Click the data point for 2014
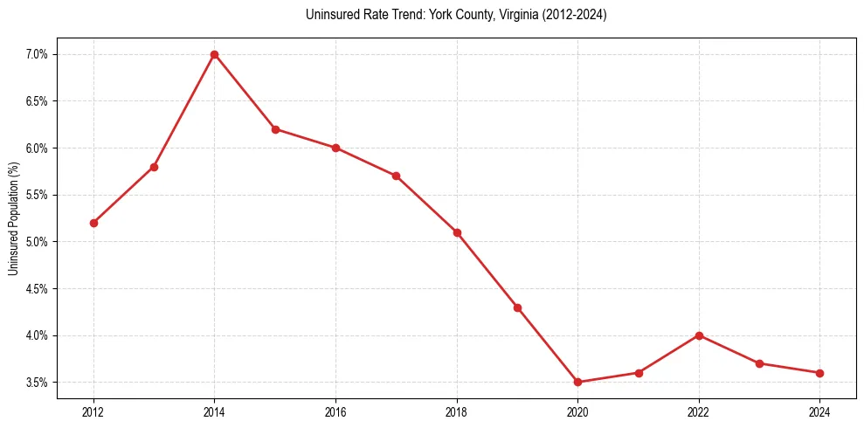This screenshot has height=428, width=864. (x=214, y=54)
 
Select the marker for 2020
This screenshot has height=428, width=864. (x=577, y=382)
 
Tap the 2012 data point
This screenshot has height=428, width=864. (x=93, y=223)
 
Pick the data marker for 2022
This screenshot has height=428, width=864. (x=699, y=335)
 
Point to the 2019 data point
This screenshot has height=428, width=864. (x=517, y=307)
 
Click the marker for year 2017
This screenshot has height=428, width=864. (x=396, y=176)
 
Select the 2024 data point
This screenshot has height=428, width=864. (x=819, y=373)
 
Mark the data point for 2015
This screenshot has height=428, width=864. (x=275, y=129)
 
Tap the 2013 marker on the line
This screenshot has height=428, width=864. (x=154, y=167)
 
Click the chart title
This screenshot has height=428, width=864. (x=456, y=15)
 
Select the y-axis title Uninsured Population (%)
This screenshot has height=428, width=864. (x=14, y=217)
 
